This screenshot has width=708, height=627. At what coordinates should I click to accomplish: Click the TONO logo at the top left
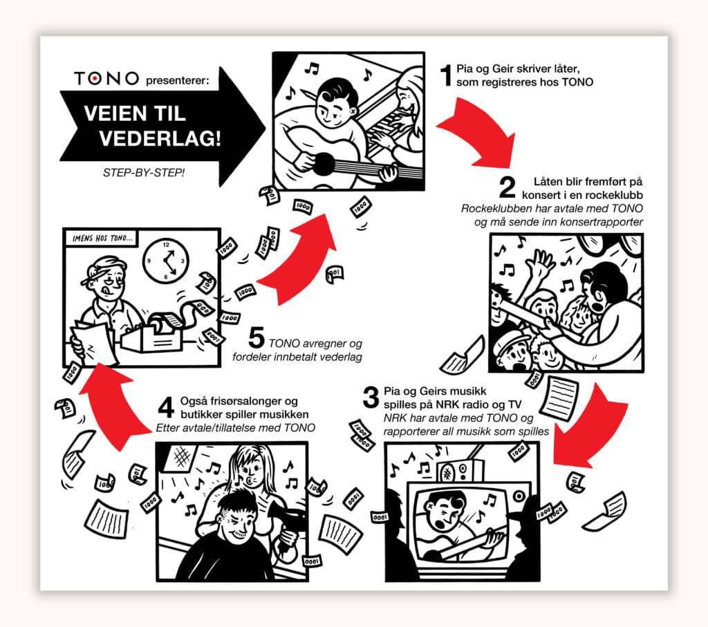[106, 79]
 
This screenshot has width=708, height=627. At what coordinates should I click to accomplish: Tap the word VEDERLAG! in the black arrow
[160, 138]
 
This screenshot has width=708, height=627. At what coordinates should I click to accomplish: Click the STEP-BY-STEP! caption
[144, 172]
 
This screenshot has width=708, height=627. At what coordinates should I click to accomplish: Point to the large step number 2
[507, 187]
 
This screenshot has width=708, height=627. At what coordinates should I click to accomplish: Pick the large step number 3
[371, 397]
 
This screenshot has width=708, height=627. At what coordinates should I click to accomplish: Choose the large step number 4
[166, 407]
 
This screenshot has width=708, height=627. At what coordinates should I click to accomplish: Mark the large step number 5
[256, 337]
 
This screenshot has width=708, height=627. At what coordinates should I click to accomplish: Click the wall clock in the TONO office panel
[166, 261]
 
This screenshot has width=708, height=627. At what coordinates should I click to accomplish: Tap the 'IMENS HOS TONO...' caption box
[103, 238]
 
